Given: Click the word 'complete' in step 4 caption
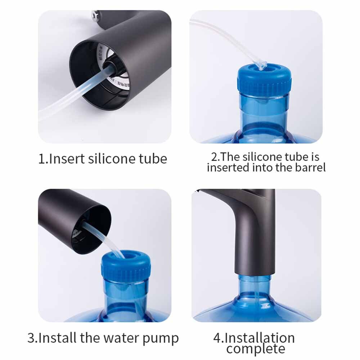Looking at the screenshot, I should [255, 348].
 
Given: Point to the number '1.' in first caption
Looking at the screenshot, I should [43, 159].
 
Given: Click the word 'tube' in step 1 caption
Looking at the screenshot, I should [153, 159].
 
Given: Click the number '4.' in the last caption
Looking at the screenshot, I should [219, 338].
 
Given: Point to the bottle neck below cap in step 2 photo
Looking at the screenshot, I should [265, 112].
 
